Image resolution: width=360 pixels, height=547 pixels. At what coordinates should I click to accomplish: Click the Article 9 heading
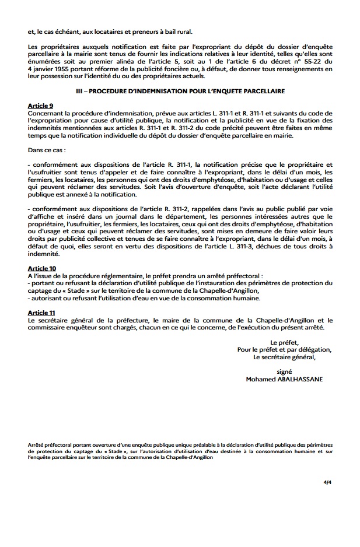point(40,105)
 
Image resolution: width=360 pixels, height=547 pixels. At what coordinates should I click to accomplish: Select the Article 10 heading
point(41,268)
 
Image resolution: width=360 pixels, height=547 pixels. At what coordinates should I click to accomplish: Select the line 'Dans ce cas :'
point(48,150)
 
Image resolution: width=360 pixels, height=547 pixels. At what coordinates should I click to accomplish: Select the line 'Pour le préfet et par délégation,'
point(284,350)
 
